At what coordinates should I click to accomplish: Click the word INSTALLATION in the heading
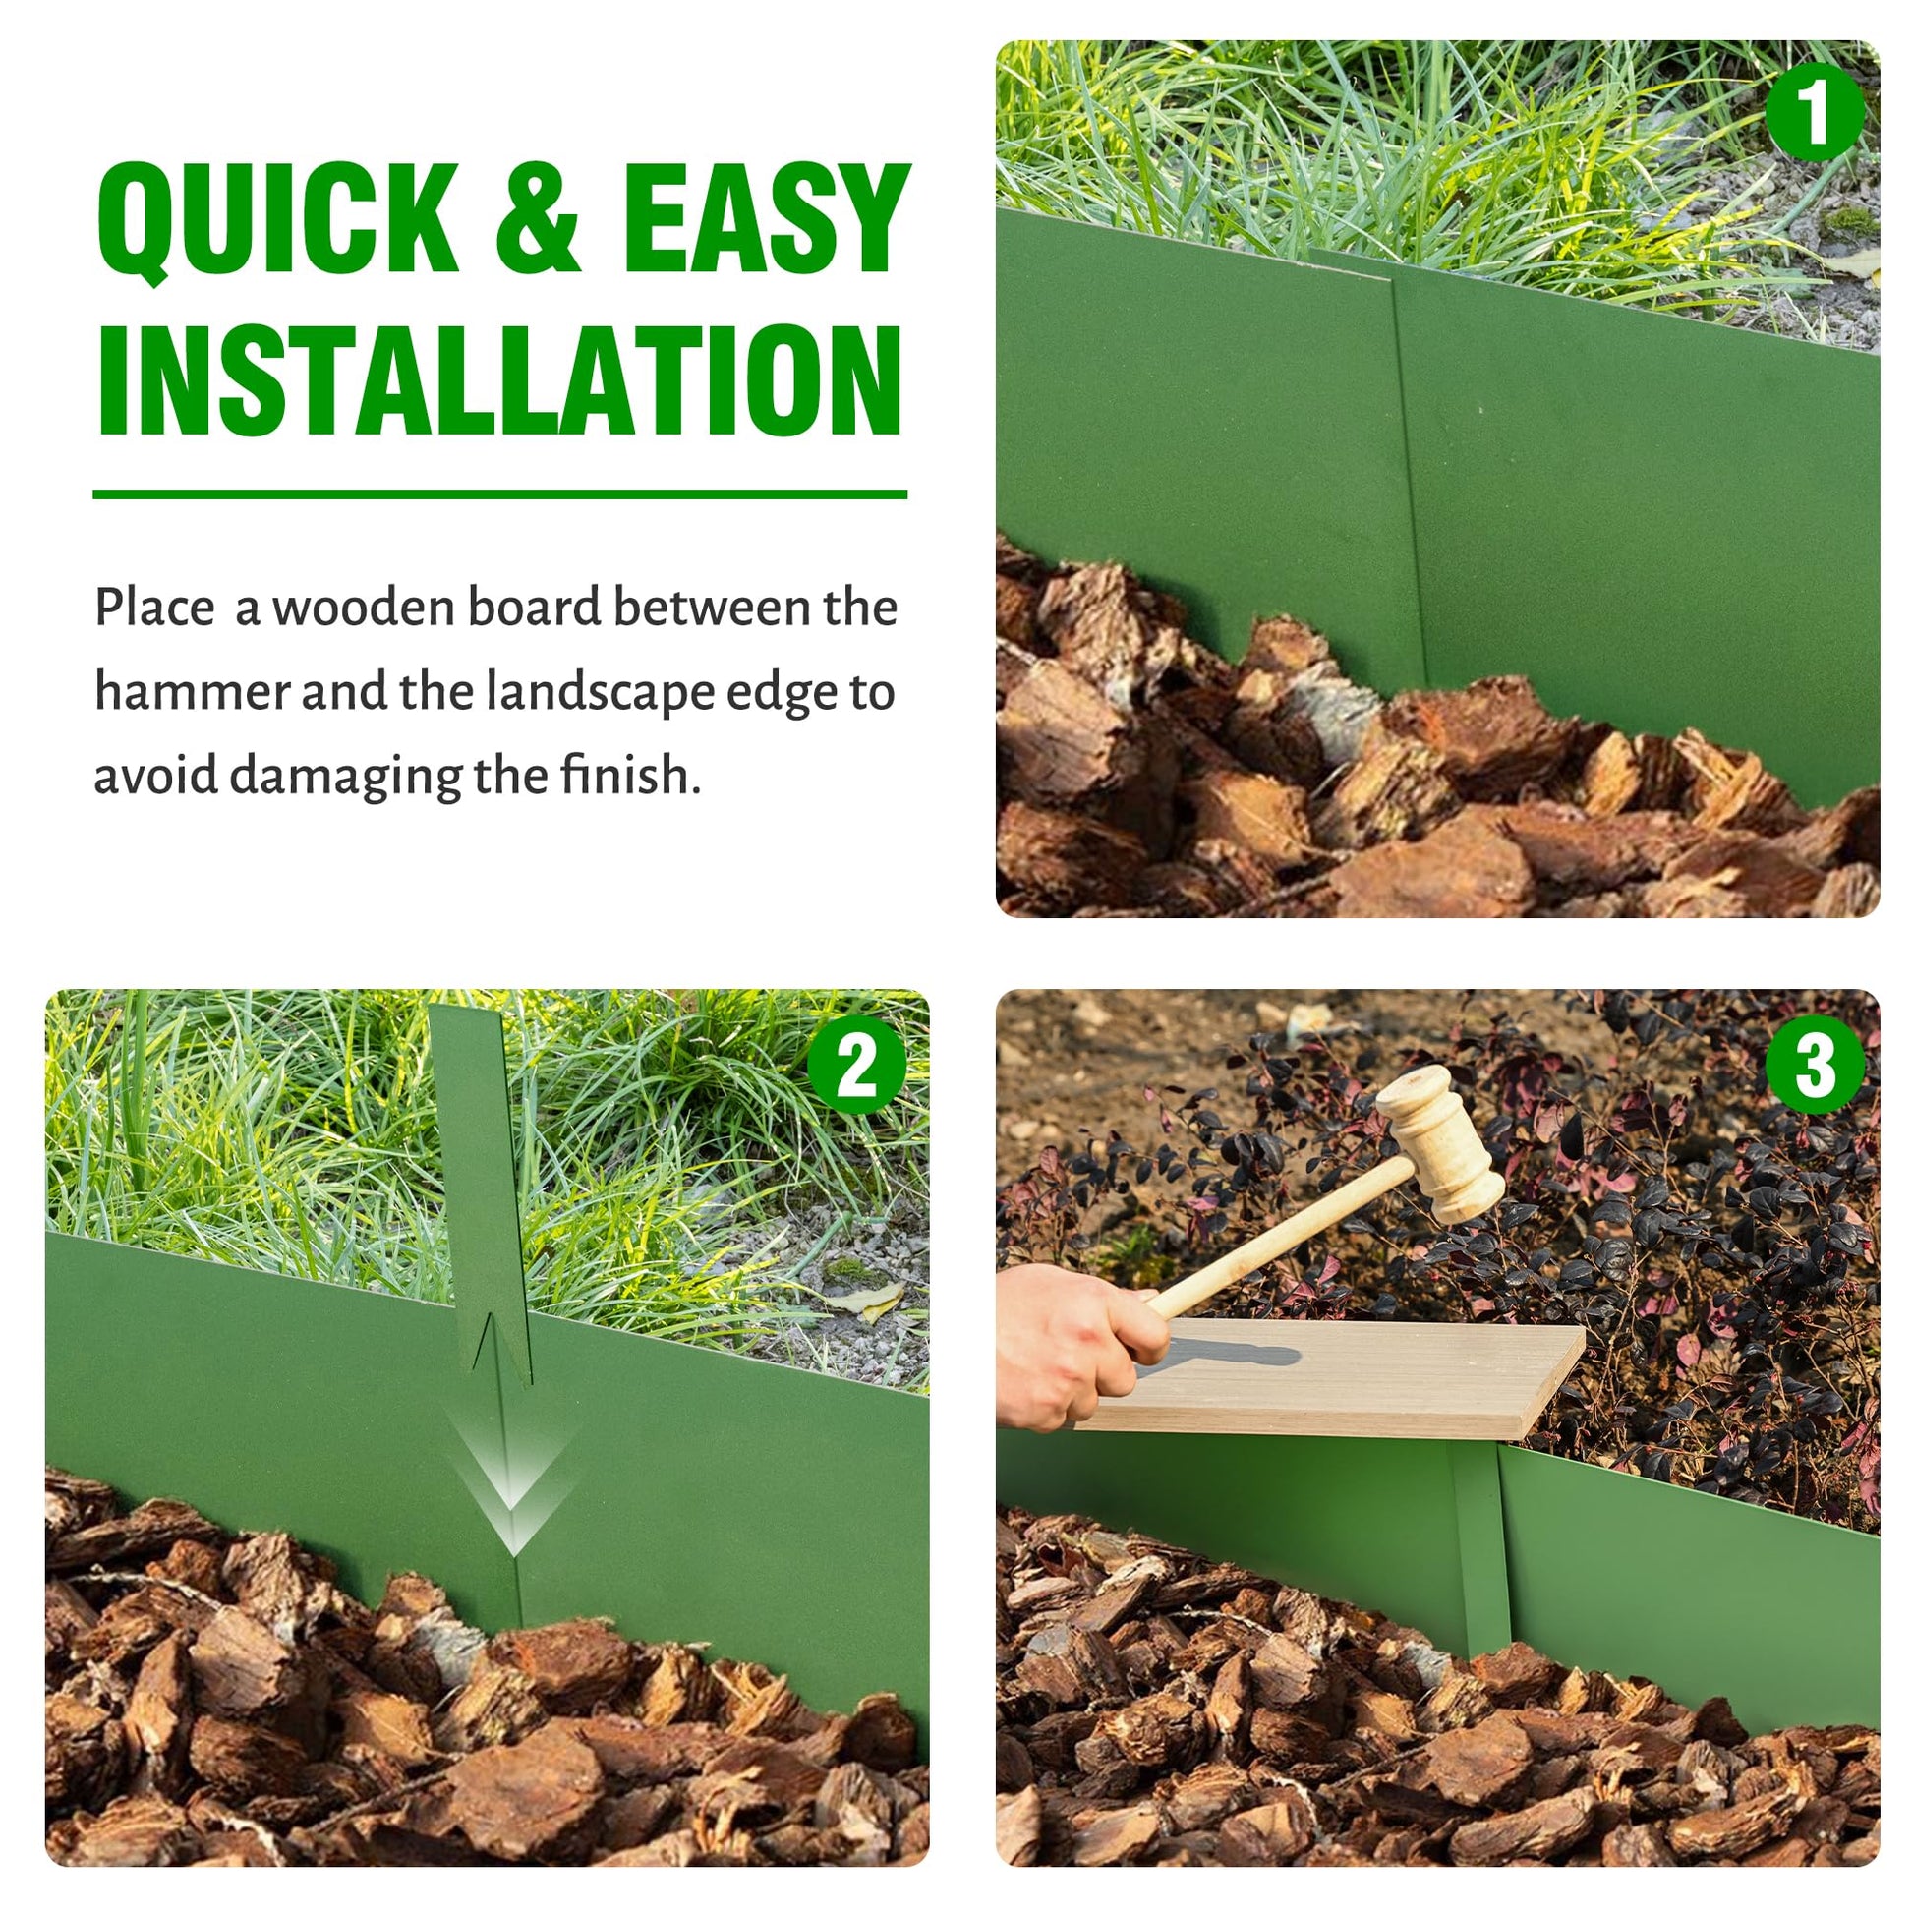[501, 380]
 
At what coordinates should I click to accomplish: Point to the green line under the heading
[500, 494]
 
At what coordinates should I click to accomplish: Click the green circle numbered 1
[1815, 112]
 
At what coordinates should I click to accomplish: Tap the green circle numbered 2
[857, 1067]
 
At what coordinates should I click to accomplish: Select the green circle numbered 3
[1815, 1066]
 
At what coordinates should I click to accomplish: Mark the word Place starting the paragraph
[154, 607]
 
